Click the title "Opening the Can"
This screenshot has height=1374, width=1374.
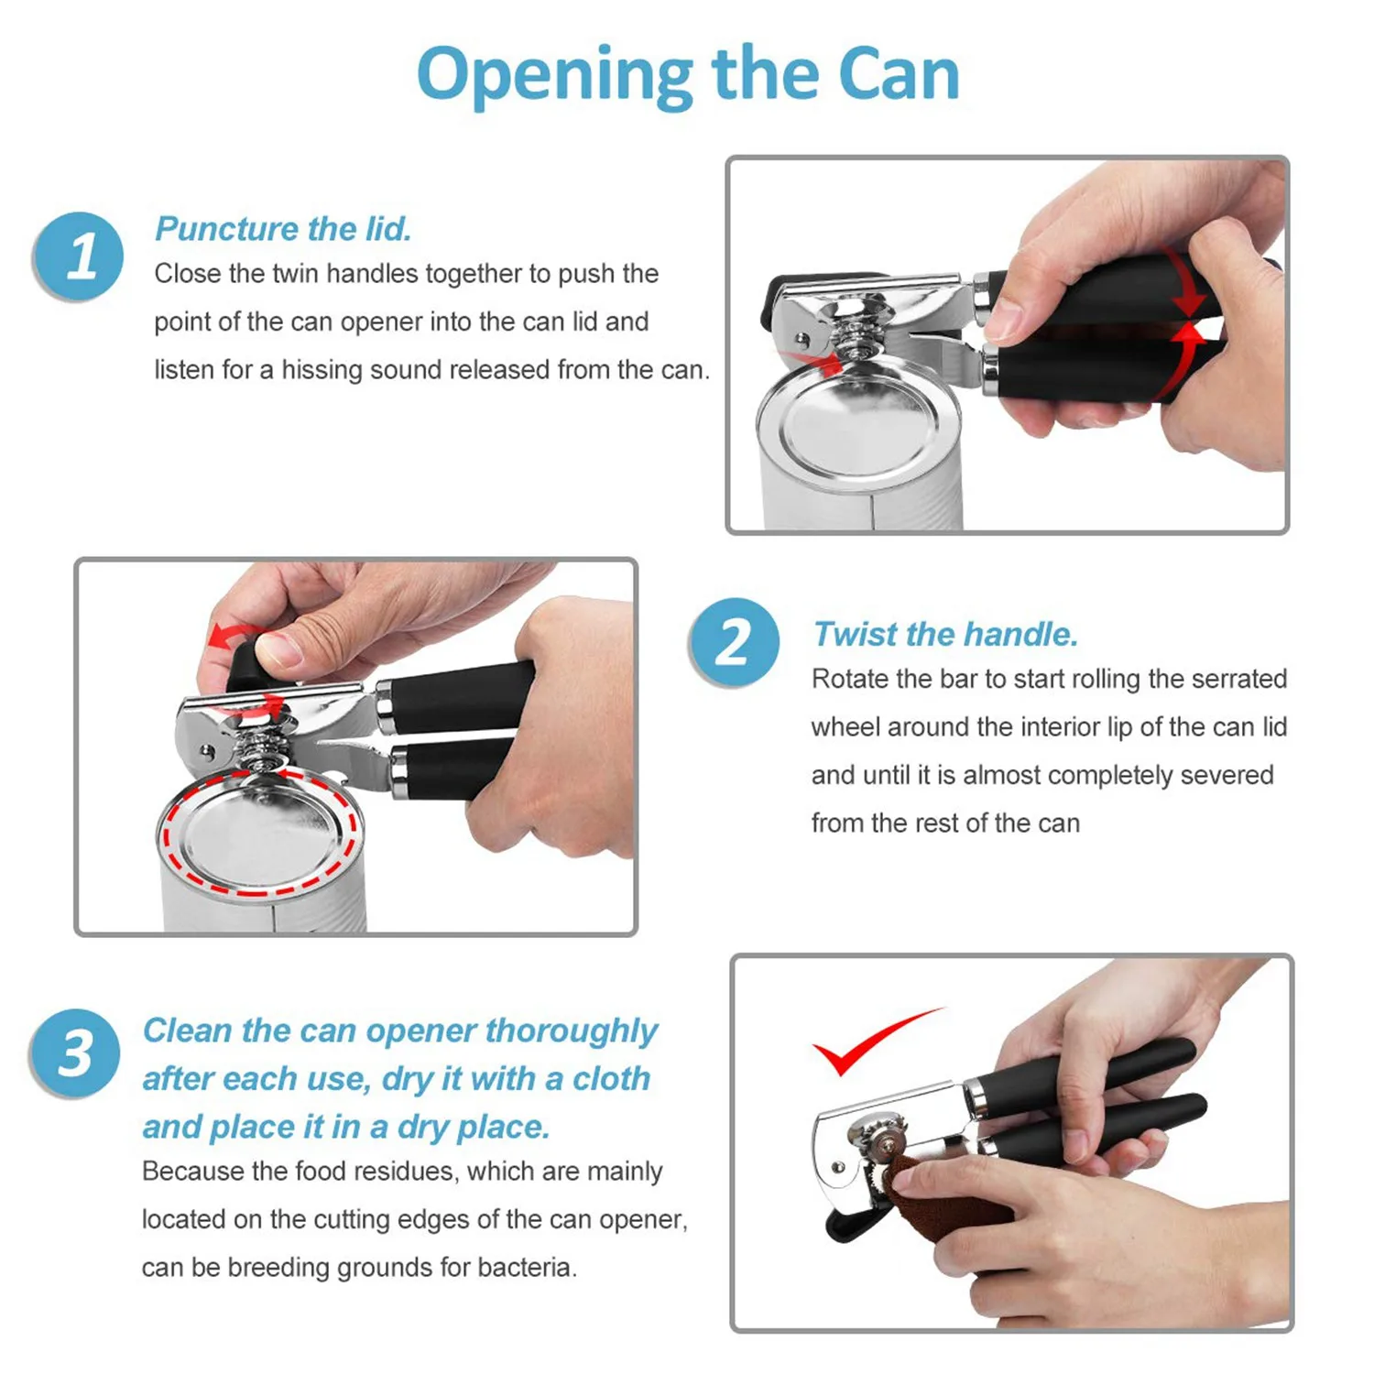[x=688, y=75]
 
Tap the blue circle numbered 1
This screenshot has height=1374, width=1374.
[x=79, y=256]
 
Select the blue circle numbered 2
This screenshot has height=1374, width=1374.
[x=734, y=642]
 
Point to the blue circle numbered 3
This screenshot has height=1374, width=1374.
[x=75, y=1053]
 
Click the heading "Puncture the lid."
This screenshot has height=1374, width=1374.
[x=283, y=229]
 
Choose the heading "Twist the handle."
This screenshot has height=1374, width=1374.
[x=945, y=634]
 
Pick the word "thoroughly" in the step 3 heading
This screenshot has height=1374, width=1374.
[x=571, y=1032]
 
